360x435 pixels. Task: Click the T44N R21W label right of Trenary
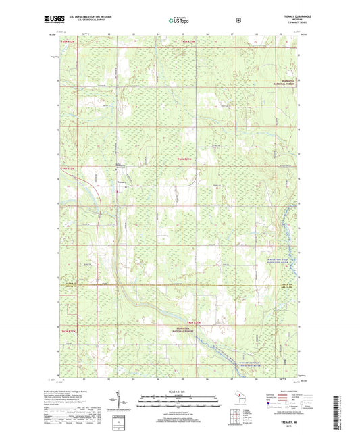pos(185,159)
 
